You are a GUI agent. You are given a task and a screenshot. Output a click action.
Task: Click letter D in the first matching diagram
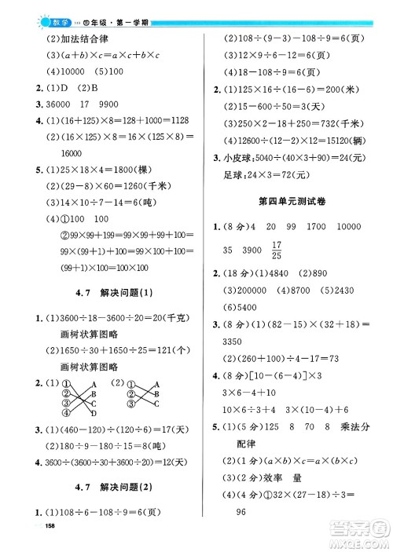tap(94, 413)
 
